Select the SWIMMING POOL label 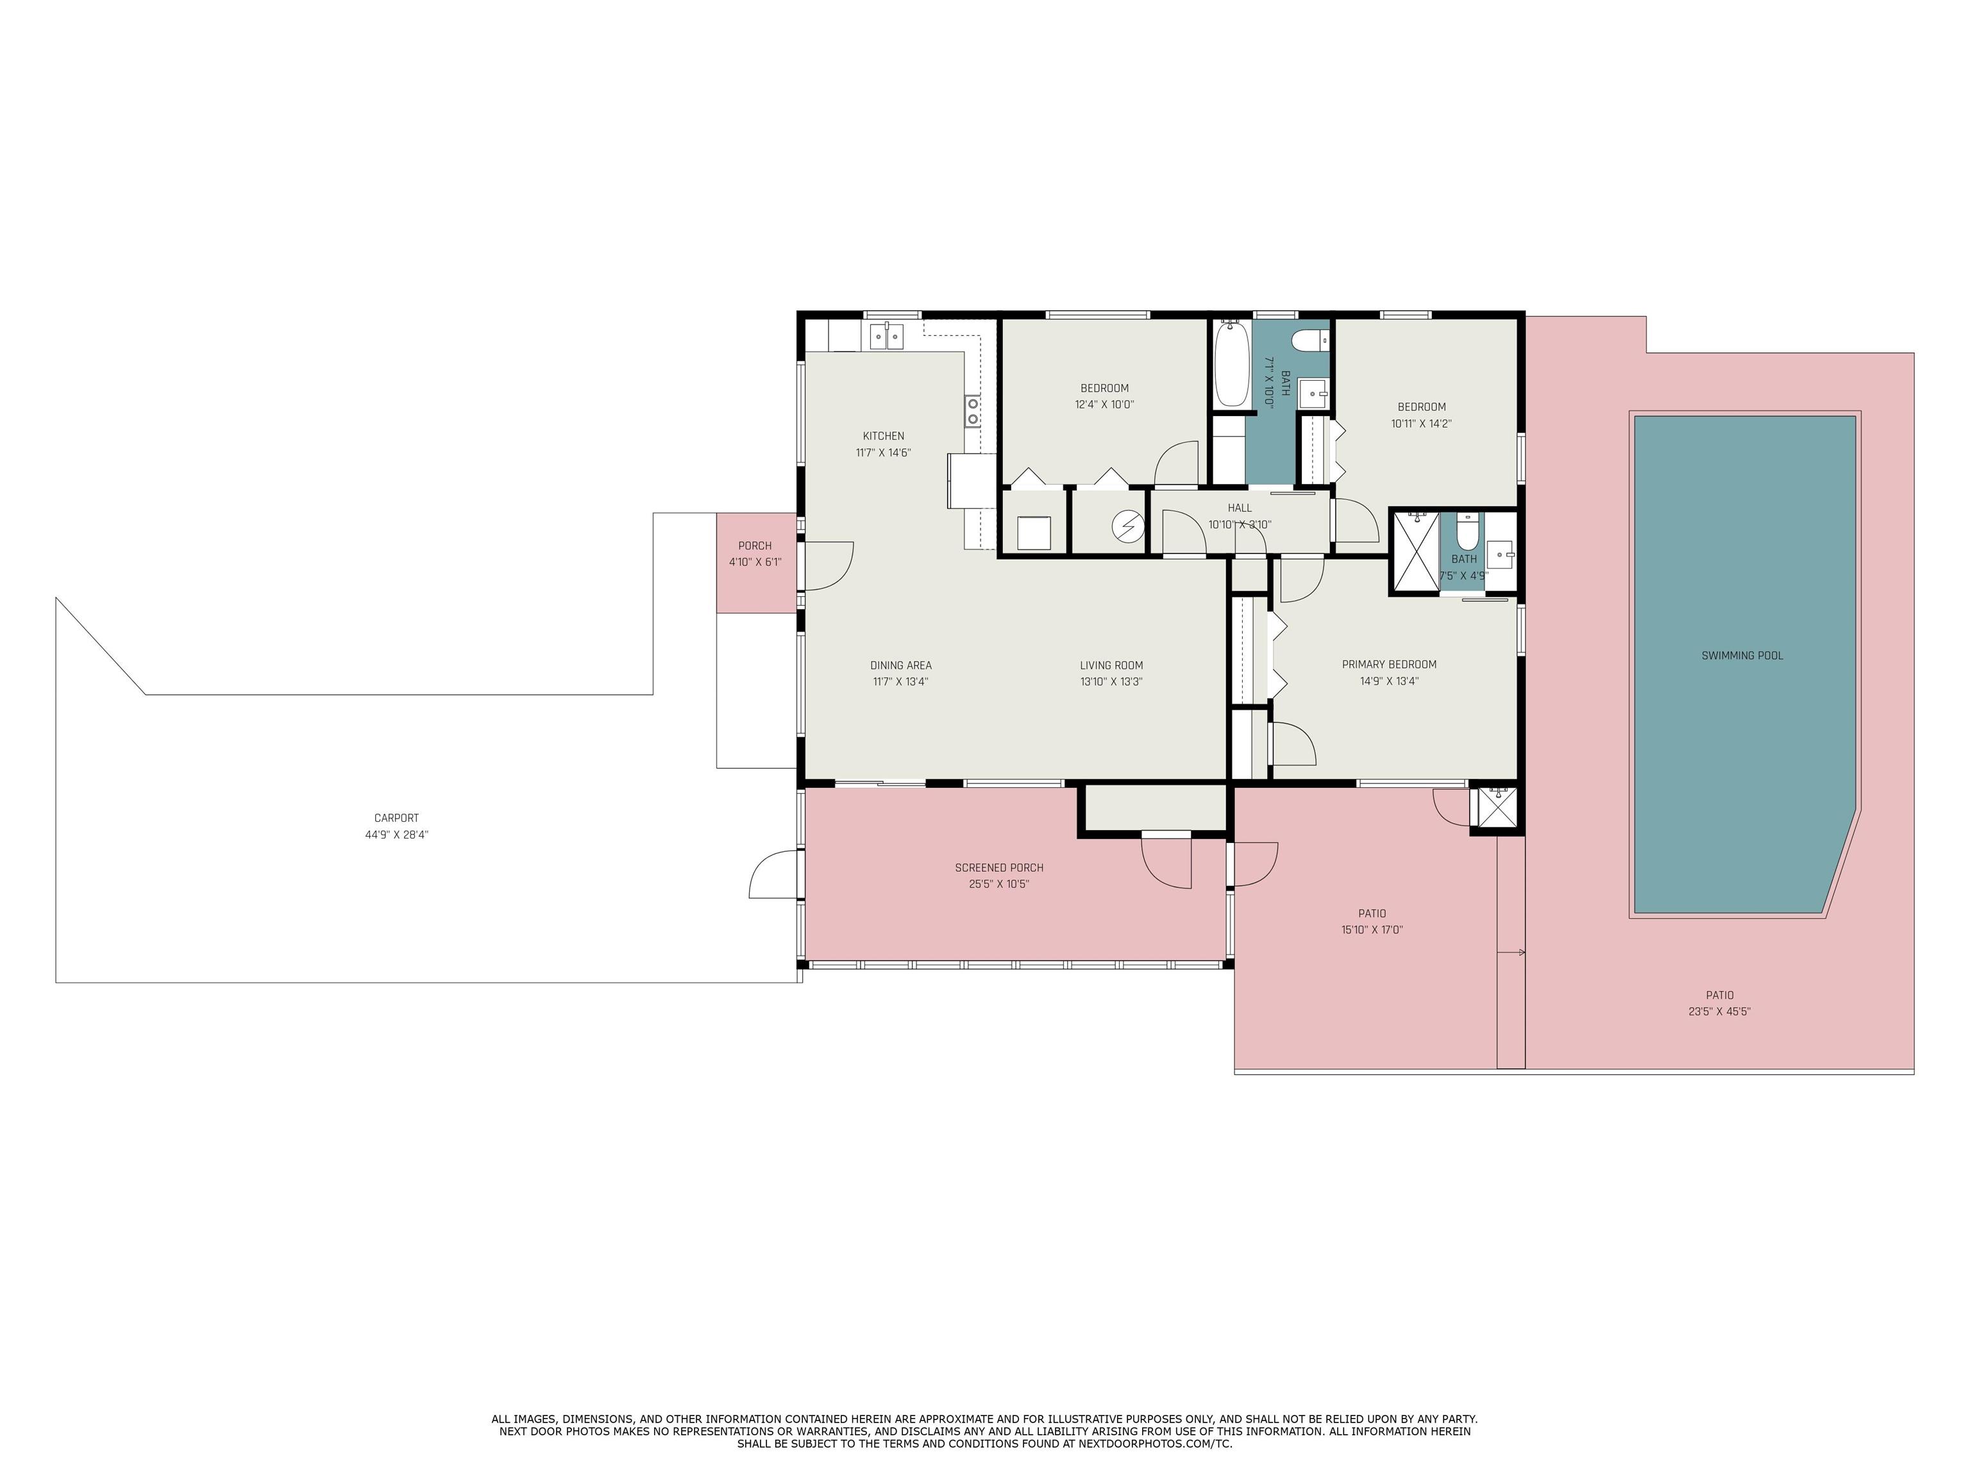(x=1742, y=655)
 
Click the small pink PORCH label (x=754, y=546)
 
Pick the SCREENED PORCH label (x=998, y=867)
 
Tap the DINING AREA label (x=900, y=665)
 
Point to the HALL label (x=1239, y=508)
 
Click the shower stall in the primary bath (x=1416, y=552)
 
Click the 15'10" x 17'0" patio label (x=1372, y=930)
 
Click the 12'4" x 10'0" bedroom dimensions (x=1104, y=405)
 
